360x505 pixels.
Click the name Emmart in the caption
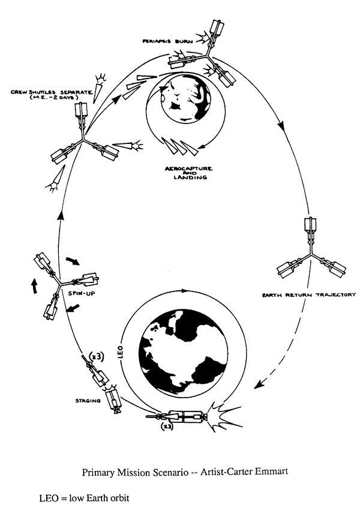tap(271, 471)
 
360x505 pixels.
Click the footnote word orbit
tap(120, 498)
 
